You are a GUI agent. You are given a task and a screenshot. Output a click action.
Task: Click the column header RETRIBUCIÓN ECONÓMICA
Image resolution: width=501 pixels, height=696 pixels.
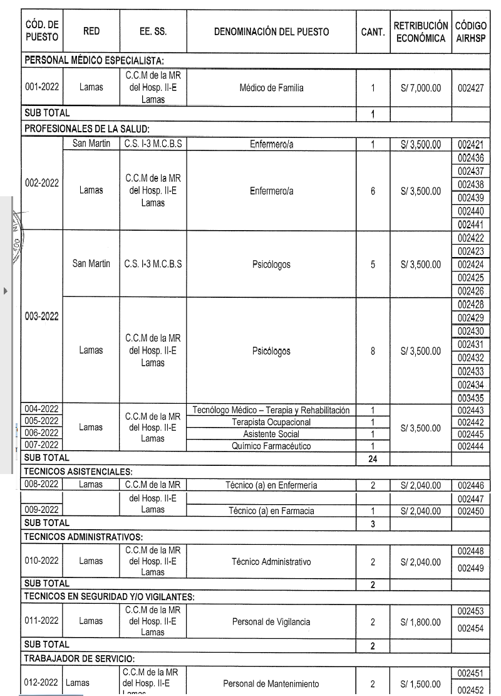pyautogui.click(x=420, y=32)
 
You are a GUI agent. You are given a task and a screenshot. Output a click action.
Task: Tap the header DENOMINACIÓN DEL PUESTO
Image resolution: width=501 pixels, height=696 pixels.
pyautogui.click(x=271, y=32)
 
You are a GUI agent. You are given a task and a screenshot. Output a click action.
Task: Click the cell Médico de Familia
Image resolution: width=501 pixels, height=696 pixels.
pyautogui.click(x=271, y=88)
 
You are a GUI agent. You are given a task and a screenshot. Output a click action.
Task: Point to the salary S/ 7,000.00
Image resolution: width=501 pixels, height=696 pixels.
pyautogui.click(x=420, y=88)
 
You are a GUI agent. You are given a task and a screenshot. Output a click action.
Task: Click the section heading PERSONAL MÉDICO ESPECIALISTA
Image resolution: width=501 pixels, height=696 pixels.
pyautogui.click(x=93, y=60)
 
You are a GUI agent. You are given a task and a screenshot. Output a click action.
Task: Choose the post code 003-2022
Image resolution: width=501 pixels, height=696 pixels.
pyautogui.click(x=42, y=315)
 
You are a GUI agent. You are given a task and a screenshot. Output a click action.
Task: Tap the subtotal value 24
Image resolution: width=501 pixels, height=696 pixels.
pyautogui.click(x=373, y=459)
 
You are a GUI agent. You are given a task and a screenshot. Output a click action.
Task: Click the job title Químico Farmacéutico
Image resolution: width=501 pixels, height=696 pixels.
pyautogui.click(x=271, y=446)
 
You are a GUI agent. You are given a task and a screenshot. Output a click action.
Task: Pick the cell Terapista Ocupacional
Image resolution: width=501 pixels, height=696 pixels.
pyautogui.click(x=271, y=422)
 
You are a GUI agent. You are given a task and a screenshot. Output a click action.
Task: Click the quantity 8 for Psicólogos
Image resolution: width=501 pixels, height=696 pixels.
pyautogui.click(x=373, y=351)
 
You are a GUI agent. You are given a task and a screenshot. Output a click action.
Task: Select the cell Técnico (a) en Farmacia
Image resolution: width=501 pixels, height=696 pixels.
pyautogui.click(x=271, y=511)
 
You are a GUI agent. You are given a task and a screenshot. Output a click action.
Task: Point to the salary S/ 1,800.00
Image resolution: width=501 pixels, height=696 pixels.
pyautogui.click(x=420, y=623)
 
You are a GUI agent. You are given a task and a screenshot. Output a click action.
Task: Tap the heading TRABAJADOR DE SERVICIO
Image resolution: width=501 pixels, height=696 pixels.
pyautogui.click(x=79, y=658)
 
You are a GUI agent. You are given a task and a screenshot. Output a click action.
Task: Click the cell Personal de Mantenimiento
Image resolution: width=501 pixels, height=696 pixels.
pyautogui.click(x=271, y=683)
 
